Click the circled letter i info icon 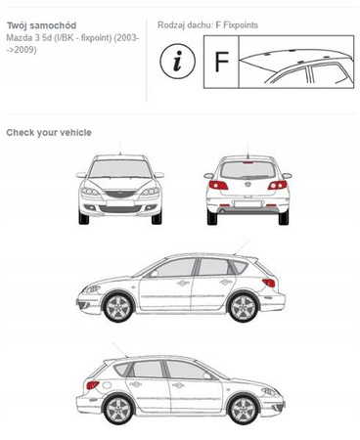[x=177, y=62]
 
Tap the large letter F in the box [x=222, y=62]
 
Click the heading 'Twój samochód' [x=41, y=25]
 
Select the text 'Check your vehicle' [x=49, y=133]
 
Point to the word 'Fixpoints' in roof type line [x=241, y=25]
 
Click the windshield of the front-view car [x=120, y=169]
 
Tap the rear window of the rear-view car [x=247, y=170]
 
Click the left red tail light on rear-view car [x=218, y=185]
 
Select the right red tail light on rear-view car [x=278, y=185]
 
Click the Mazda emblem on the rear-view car [x=247, y=185]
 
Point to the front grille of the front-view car [x=120, y=194]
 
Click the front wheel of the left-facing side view [x=118, y=307]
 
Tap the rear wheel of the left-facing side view [x=244, y=307]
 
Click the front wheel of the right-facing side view [x=244, y=410]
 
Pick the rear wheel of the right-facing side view [x=118, y=410]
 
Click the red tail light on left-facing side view [x=269, y=283]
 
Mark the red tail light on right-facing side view [x=93, y=385]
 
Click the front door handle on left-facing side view [x=183, y=283]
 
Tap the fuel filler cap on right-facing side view [x=107, y=385]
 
